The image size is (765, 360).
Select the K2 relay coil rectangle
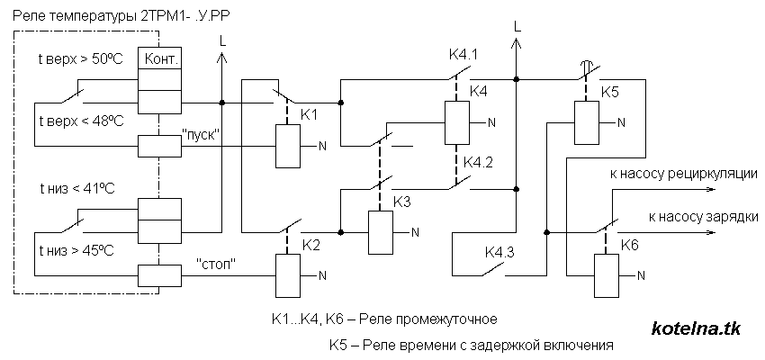(287, 274)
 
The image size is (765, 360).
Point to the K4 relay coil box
(456, 122)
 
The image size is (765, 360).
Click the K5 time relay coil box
(588, 122)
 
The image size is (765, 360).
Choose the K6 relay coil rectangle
(605, 274)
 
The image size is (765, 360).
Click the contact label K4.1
(463, 55)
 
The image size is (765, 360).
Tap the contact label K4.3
(499, 251)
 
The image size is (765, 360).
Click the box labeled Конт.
(158, 59)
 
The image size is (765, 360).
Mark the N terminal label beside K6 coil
(641, 275)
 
